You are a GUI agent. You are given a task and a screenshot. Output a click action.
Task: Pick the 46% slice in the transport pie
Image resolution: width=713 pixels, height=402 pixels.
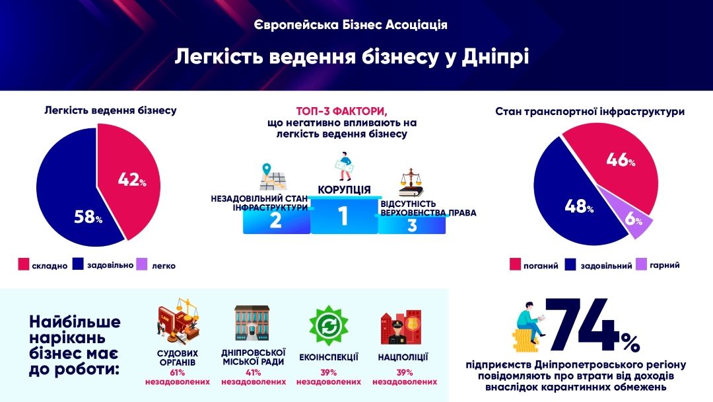(617, 165)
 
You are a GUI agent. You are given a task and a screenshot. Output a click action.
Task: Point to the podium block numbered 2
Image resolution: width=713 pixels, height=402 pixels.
(276, 221)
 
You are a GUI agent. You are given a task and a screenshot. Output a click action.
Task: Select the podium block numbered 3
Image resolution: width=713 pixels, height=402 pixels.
(412, 225)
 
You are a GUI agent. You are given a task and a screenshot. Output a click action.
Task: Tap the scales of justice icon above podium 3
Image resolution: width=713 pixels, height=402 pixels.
(410, 182)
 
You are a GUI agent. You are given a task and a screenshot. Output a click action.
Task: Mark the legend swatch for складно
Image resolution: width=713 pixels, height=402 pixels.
(23, 265)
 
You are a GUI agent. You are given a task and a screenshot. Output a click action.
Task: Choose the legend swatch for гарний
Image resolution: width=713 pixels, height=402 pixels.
(641, 265)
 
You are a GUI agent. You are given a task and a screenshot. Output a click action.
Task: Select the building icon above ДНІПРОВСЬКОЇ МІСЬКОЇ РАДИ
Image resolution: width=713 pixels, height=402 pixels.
(253, 324)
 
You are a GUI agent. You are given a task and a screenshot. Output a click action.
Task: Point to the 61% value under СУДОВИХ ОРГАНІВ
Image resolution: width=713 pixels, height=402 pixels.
(178, 372)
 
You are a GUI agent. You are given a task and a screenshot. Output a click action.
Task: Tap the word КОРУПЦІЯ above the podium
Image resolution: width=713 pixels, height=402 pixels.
(344, 190)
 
